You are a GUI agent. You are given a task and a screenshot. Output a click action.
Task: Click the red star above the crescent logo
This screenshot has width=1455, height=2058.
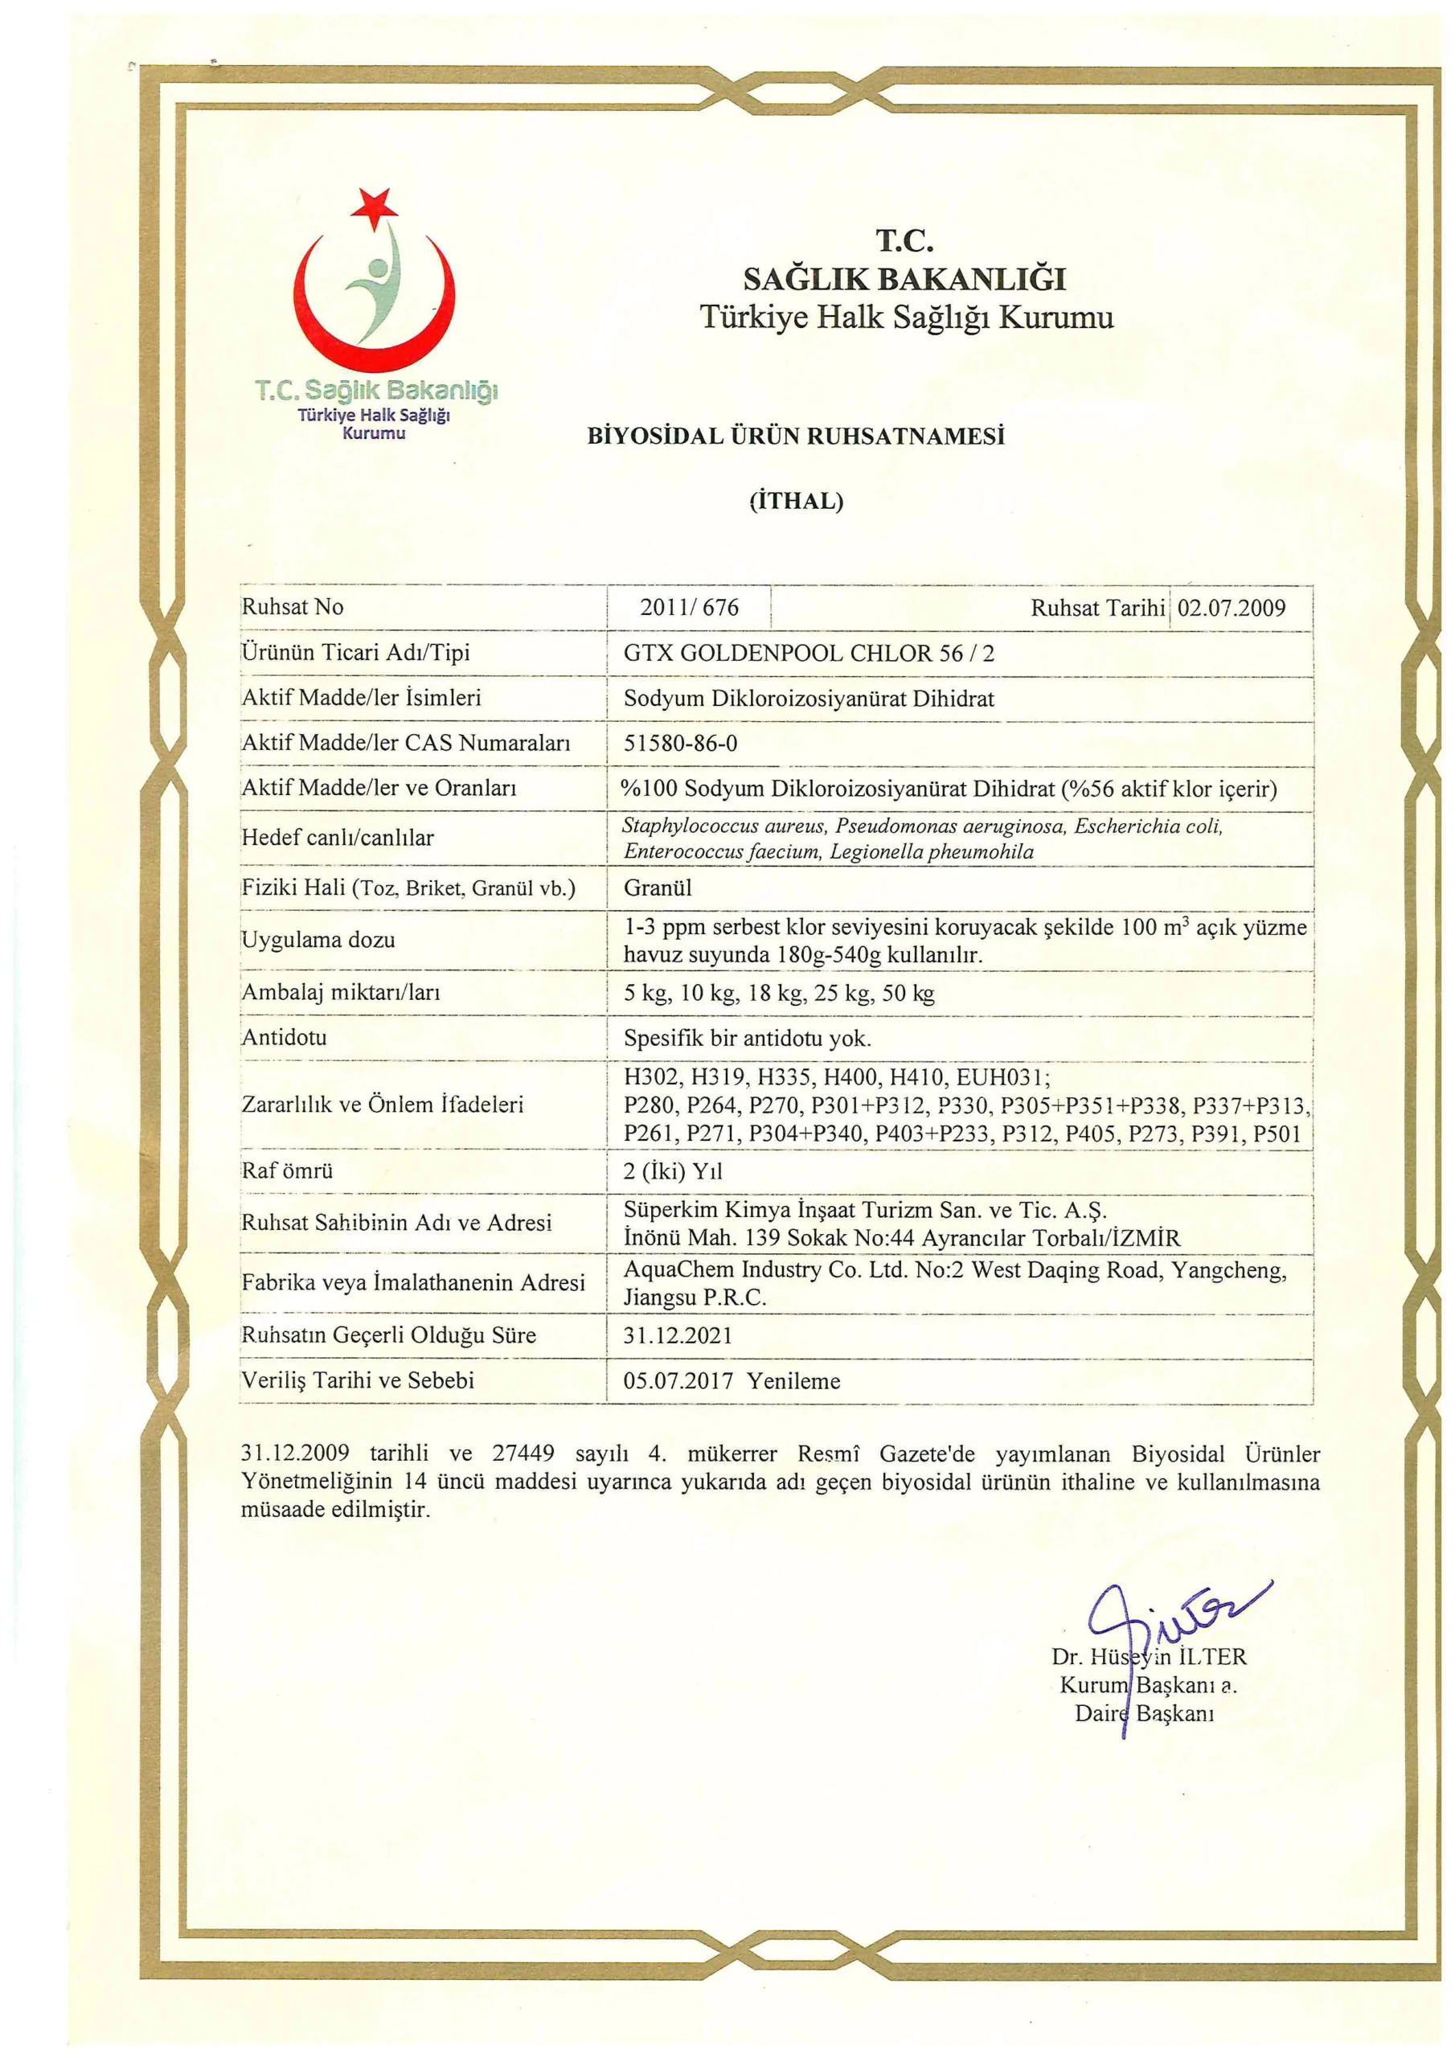(x=373, y=206)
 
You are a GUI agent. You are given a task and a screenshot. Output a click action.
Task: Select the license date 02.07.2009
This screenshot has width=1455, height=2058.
(x=1231, y=608)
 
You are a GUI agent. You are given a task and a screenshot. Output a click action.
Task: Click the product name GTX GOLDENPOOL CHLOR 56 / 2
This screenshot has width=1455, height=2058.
(x=809, y=653)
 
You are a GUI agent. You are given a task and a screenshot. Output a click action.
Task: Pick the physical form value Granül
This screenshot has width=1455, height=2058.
(x=657, y=888)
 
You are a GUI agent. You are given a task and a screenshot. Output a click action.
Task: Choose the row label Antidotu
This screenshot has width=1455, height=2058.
(x=285, y=1038)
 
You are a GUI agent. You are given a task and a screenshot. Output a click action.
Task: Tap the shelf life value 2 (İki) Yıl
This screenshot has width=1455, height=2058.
(x=672, y=1171)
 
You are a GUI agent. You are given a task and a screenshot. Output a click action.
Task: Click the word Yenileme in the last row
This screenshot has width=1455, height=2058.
(x=793, y=1381)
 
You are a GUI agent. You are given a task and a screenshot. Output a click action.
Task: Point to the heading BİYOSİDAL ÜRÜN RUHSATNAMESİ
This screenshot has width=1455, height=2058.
(x=795, y=437)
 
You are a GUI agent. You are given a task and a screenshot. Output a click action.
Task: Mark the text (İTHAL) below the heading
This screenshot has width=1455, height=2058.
(x=796, y=500)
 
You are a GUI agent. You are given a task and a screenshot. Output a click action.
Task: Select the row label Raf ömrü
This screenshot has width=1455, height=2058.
(x=287, y=1170)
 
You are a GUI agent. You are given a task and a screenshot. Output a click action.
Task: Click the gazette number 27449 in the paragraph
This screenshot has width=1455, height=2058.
(x=523, y=1453)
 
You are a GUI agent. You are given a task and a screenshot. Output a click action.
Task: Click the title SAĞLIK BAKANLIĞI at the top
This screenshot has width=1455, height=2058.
(x=904, y=280)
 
